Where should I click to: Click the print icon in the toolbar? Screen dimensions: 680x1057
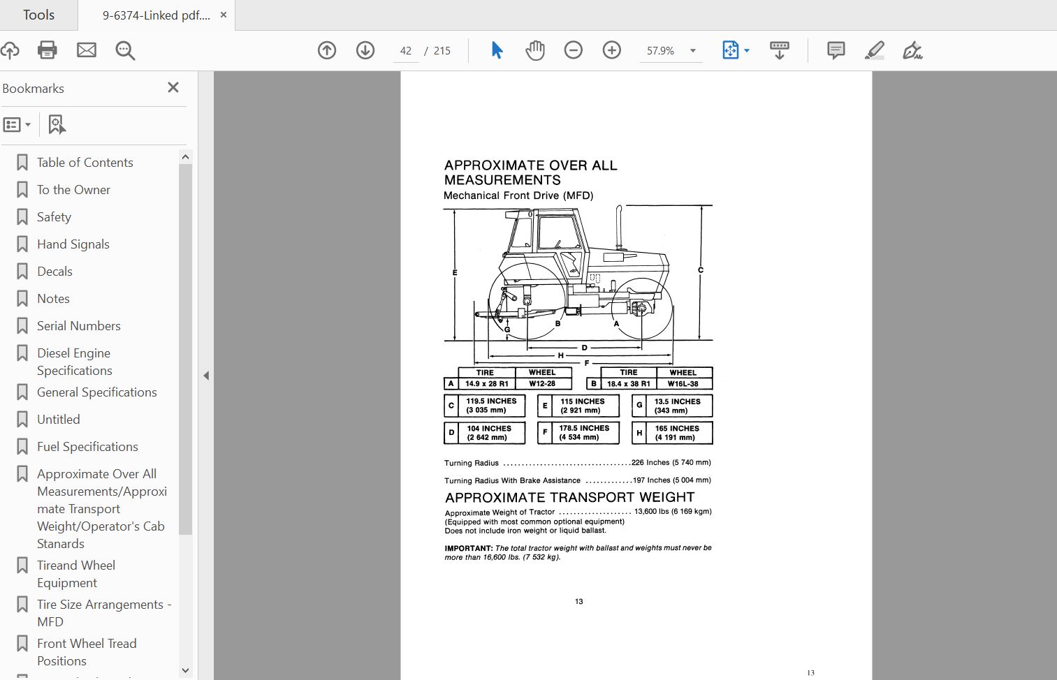click(48, 50)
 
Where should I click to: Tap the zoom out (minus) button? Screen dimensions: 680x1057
click(573, 50)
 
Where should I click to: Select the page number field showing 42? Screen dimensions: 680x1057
click(406, 51)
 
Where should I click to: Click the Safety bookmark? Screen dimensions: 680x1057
click(54, 217)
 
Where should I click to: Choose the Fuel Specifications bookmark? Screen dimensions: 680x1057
click(87, 447)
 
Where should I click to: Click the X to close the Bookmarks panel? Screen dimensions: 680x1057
click(173, 87)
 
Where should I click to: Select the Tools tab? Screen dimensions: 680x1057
click(38, 15)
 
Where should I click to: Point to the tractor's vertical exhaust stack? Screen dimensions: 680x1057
click(618, 227)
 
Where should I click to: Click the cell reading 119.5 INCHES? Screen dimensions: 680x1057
click(491, 406)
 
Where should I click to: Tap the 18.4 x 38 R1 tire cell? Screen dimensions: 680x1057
click(628, 383)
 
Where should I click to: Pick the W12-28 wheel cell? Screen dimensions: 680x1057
click(542, 383)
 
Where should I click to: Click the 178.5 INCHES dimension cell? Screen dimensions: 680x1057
click(584, 433)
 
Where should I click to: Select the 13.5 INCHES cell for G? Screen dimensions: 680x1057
click(677, 406)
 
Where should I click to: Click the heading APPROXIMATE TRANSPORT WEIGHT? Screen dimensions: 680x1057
click(569, 497)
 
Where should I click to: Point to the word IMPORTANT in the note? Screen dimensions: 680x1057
click(468, 548)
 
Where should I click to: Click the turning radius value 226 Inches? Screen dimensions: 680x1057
click(650, 462)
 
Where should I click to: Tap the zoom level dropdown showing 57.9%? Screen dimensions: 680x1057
click(669, 51)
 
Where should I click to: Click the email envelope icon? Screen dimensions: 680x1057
click(87, 50)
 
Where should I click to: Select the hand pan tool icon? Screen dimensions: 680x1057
click(535, 50)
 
